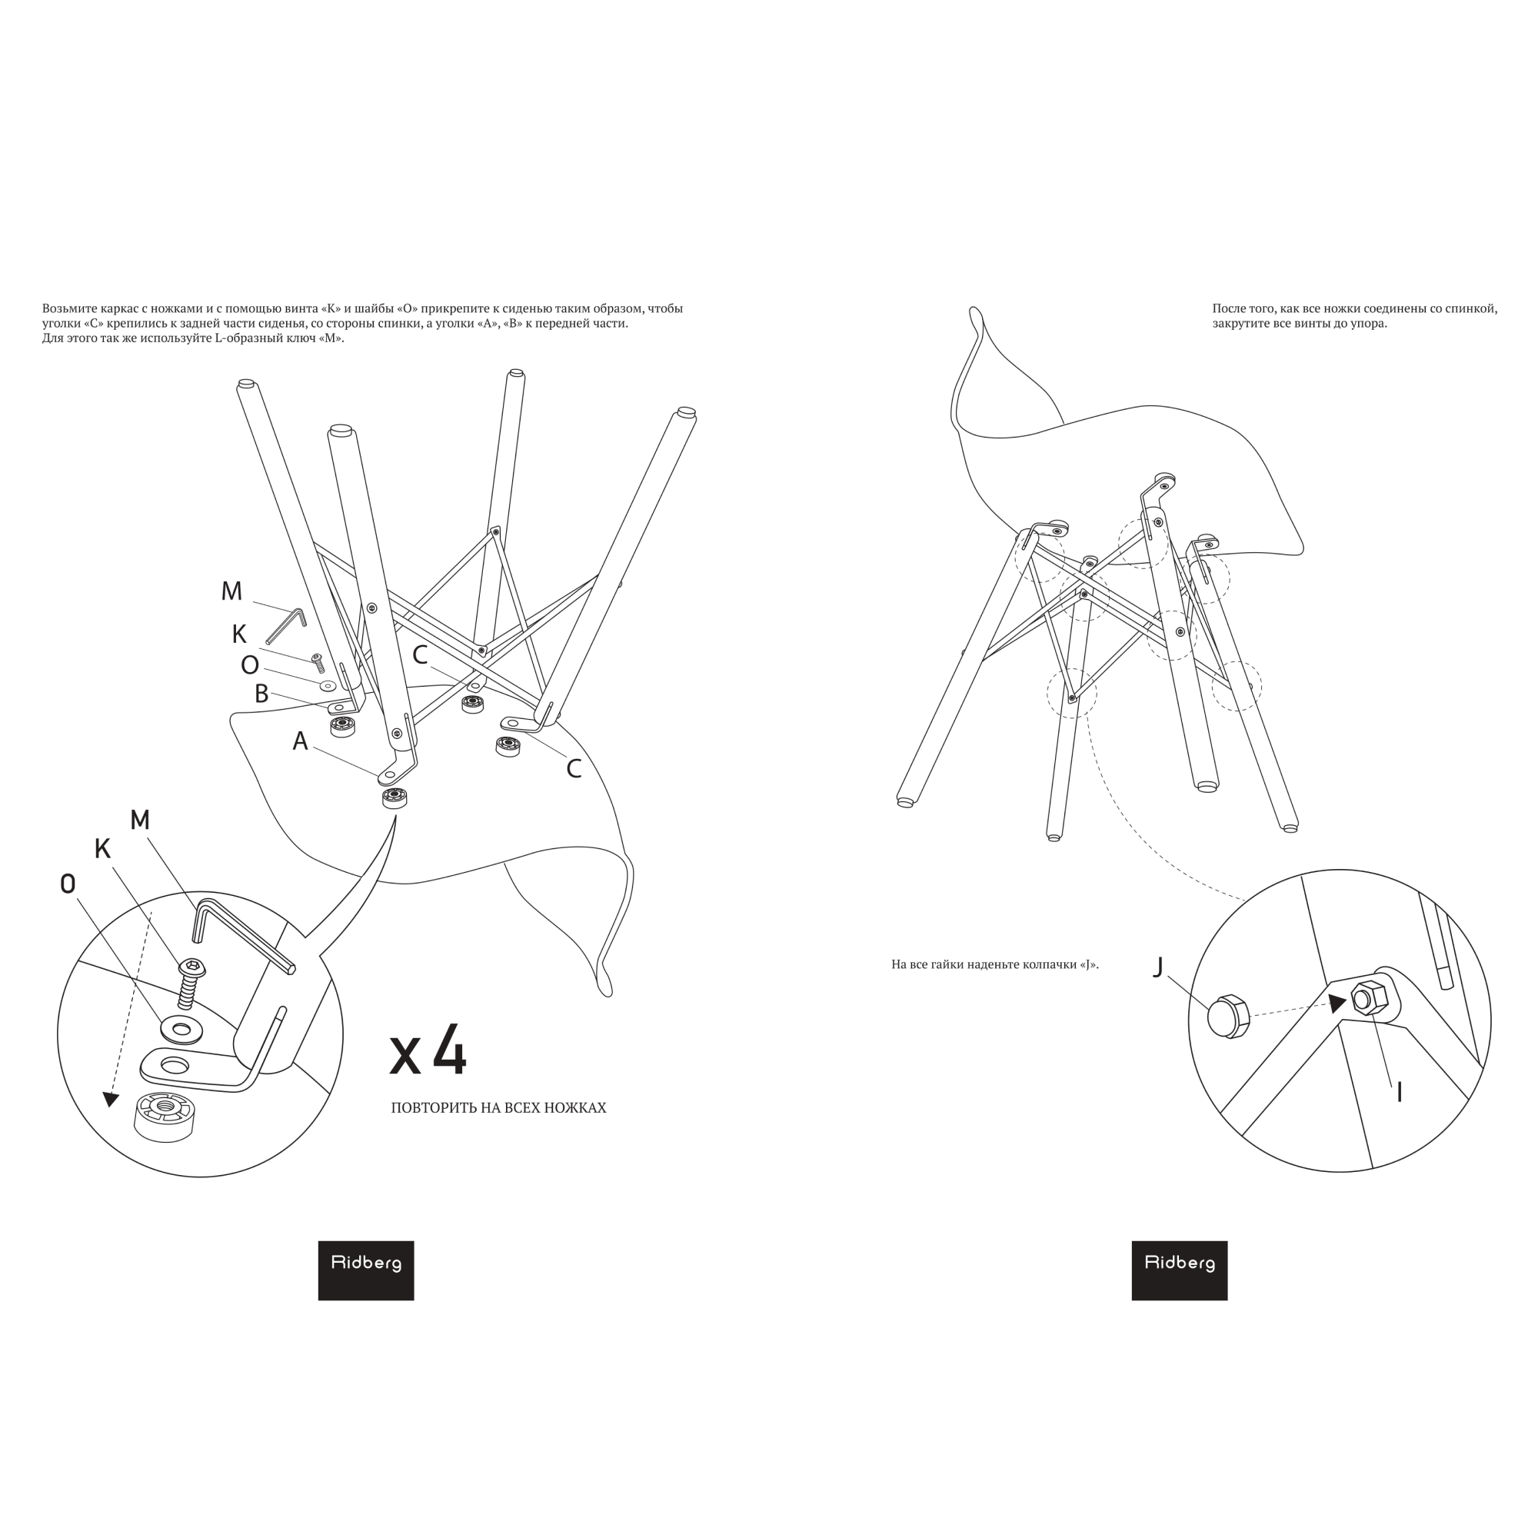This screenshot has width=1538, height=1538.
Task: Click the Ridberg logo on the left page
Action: [365, 1270]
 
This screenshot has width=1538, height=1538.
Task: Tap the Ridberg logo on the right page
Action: [1179, 1270]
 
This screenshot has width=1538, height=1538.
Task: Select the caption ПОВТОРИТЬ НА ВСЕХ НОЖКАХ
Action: [498, 1108]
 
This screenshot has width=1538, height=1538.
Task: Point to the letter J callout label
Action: [1158, 967]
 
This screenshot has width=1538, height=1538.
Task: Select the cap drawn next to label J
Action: [1227, 1017]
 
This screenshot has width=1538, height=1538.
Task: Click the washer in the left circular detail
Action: [181, 1030]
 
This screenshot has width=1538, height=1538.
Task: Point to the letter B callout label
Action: [261, 694]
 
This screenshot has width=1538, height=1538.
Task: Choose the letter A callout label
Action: [300, 741]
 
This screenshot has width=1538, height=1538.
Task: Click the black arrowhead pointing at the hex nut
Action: [1337, 1004]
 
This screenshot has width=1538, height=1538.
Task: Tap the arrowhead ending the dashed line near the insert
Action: [111, 1100]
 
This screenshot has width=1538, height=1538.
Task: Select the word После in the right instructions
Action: [1229, 309]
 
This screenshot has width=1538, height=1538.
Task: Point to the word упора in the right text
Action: [1370, 324]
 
